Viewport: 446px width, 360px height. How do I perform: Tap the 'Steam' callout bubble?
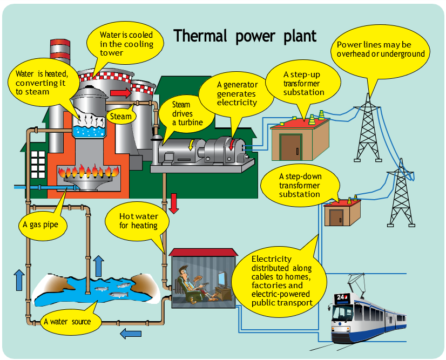121,116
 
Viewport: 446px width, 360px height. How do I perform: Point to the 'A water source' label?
67,322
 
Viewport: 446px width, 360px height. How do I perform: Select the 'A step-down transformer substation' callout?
300,185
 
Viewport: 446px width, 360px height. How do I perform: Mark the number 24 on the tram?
341,297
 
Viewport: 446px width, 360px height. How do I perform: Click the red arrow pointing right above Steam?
120,93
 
